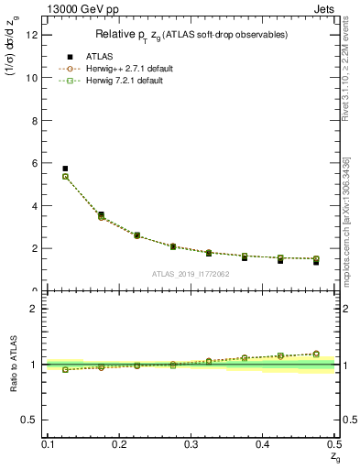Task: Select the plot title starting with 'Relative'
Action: pyautogui.click(x=191, y=35)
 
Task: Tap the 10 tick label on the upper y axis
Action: pyautogui.click(x=35, y=78)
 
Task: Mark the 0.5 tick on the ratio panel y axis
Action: pyautogui.click(x=32, y=420)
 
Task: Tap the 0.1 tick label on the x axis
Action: pyautogui.click(x=48, y=444)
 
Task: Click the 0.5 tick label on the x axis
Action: pyautogui.click(x=333, y=444)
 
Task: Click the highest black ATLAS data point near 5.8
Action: pyautogui.click(x=65, y=169)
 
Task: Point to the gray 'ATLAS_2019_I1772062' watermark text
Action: pyautogui.click(x=191, y=274)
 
